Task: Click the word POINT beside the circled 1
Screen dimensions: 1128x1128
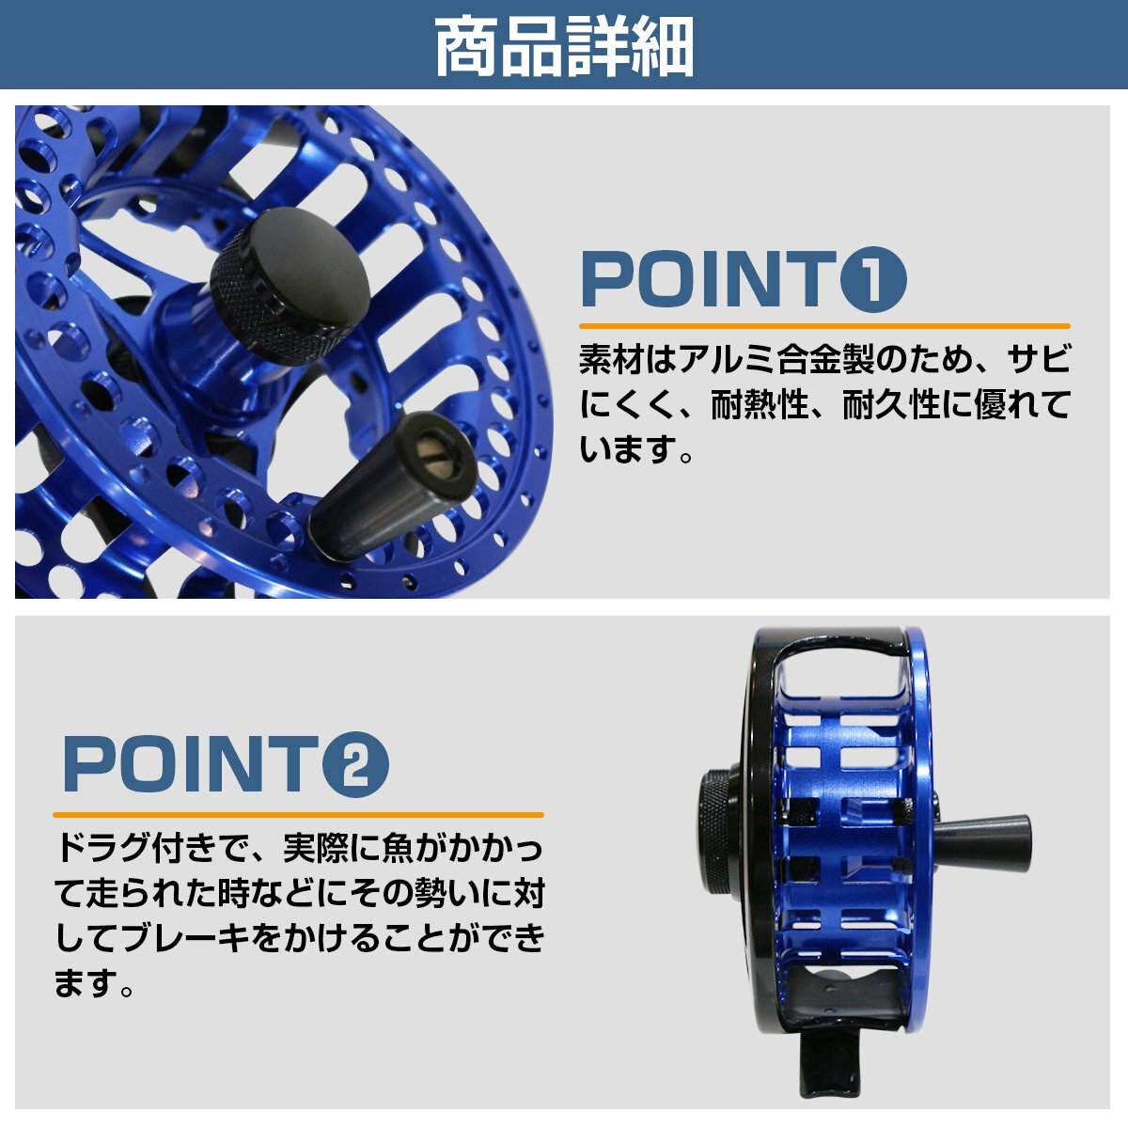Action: (705, 280)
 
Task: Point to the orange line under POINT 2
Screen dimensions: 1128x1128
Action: (298, 814)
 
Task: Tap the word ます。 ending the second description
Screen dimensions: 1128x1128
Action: (91, 984)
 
